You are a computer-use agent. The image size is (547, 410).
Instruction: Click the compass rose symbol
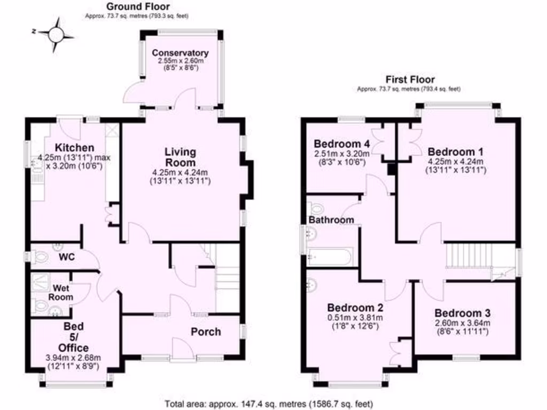click(55, 34)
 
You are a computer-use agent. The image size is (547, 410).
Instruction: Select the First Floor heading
click(410, 80)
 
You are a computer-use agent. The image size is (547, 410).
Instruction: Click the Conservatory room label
click(179, 53)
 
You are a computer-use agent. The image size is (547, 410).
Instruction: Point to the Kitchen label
click(75, 147)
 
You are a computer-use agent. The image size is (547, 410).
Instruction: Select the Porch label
click(206, 332)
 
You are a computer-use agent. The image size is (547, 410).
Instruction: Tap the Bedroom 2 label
click(355, 308)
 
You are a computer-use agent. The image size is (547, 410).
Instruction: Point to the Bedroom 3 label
click(463, 313)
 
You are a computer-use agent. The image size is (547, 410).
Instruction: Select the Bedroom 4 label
click(342, 144)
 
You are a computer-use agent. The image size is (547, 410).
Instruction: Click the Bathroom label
click(331, 219)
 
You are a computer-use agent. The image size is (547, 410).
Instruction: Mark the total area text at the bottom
click(269, 403)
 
